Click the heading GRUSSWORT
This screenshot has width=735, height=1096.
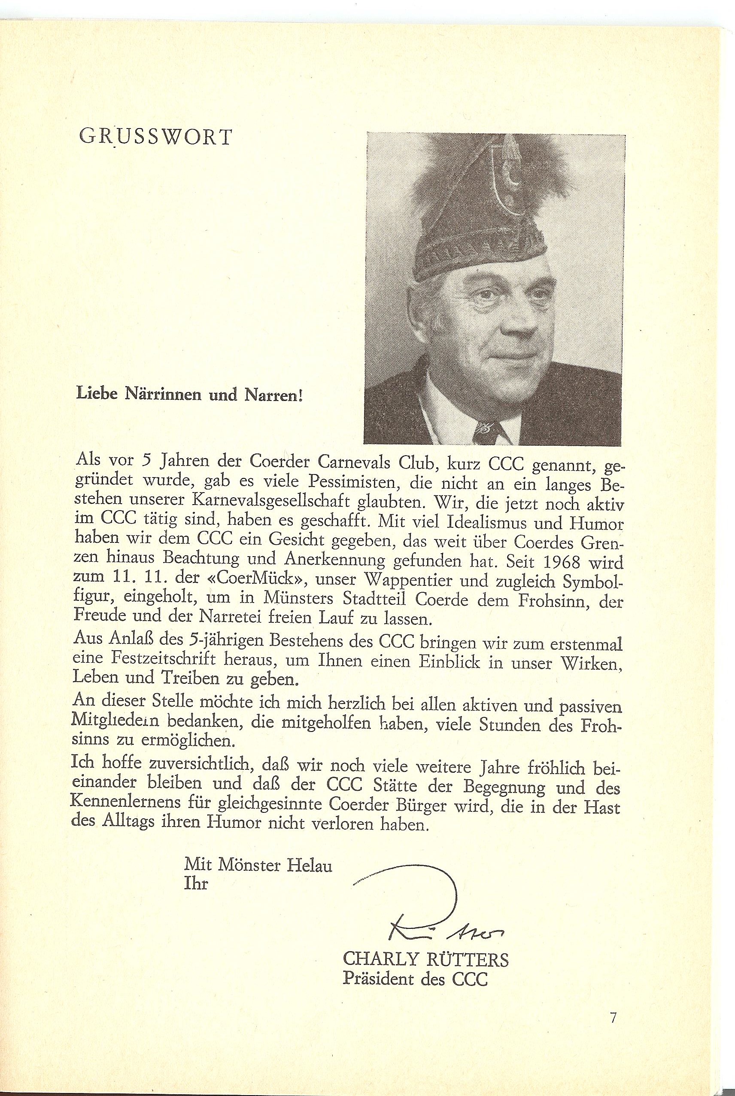(156, 137)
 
